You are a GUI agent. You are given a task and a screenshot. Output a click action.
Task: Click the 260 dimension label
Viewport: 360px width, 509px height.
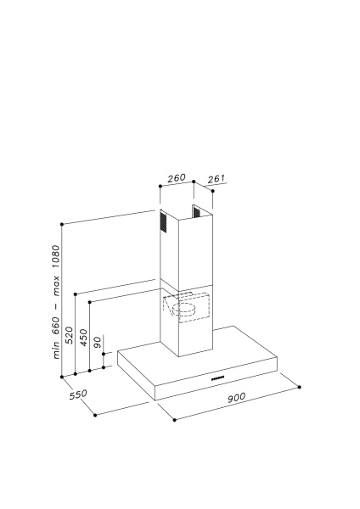pyautogui.click(x=177, y=178)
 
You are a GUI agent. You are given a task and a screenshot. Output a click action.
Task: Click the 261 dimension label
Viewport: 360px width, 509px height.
pyautogui.click(x=216, y=179)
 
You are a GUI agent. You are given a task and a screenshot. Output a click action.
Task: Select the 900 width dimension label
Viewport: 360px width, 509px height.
pyautogui.click(x=236, y=398)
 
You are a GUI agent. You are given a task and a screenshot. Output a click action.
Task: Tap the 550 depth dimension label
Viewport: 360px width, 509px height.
pyautogui.click(x=78, y=394)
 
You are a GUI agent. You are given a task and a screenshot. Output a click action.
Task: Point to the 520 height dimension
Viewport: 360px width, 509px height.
pyautogui.click(x=70, y=335)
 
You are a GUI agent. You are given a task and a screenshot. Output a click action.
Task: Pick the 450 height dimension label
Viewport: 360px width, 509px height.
pyautogui.click(x=84, y=338)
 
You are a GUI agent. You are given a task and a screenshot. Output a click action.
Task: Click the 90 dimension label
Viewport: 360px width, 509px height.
pyautogui.click(x=98, y=342)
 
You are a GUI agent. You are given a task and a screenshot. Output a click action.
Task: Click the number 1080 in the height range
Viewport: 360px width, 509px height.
pyautogui.click(x=56, y=257)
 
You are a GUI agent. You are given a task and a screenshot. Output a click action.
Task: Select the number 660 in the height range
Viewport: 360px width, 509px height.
pyautogui.click(x=56, y=325)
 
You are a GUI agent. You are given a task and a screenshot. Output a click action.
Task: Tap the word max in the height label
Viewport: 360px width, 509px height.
pyautogui.click(x=56, y=286)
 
